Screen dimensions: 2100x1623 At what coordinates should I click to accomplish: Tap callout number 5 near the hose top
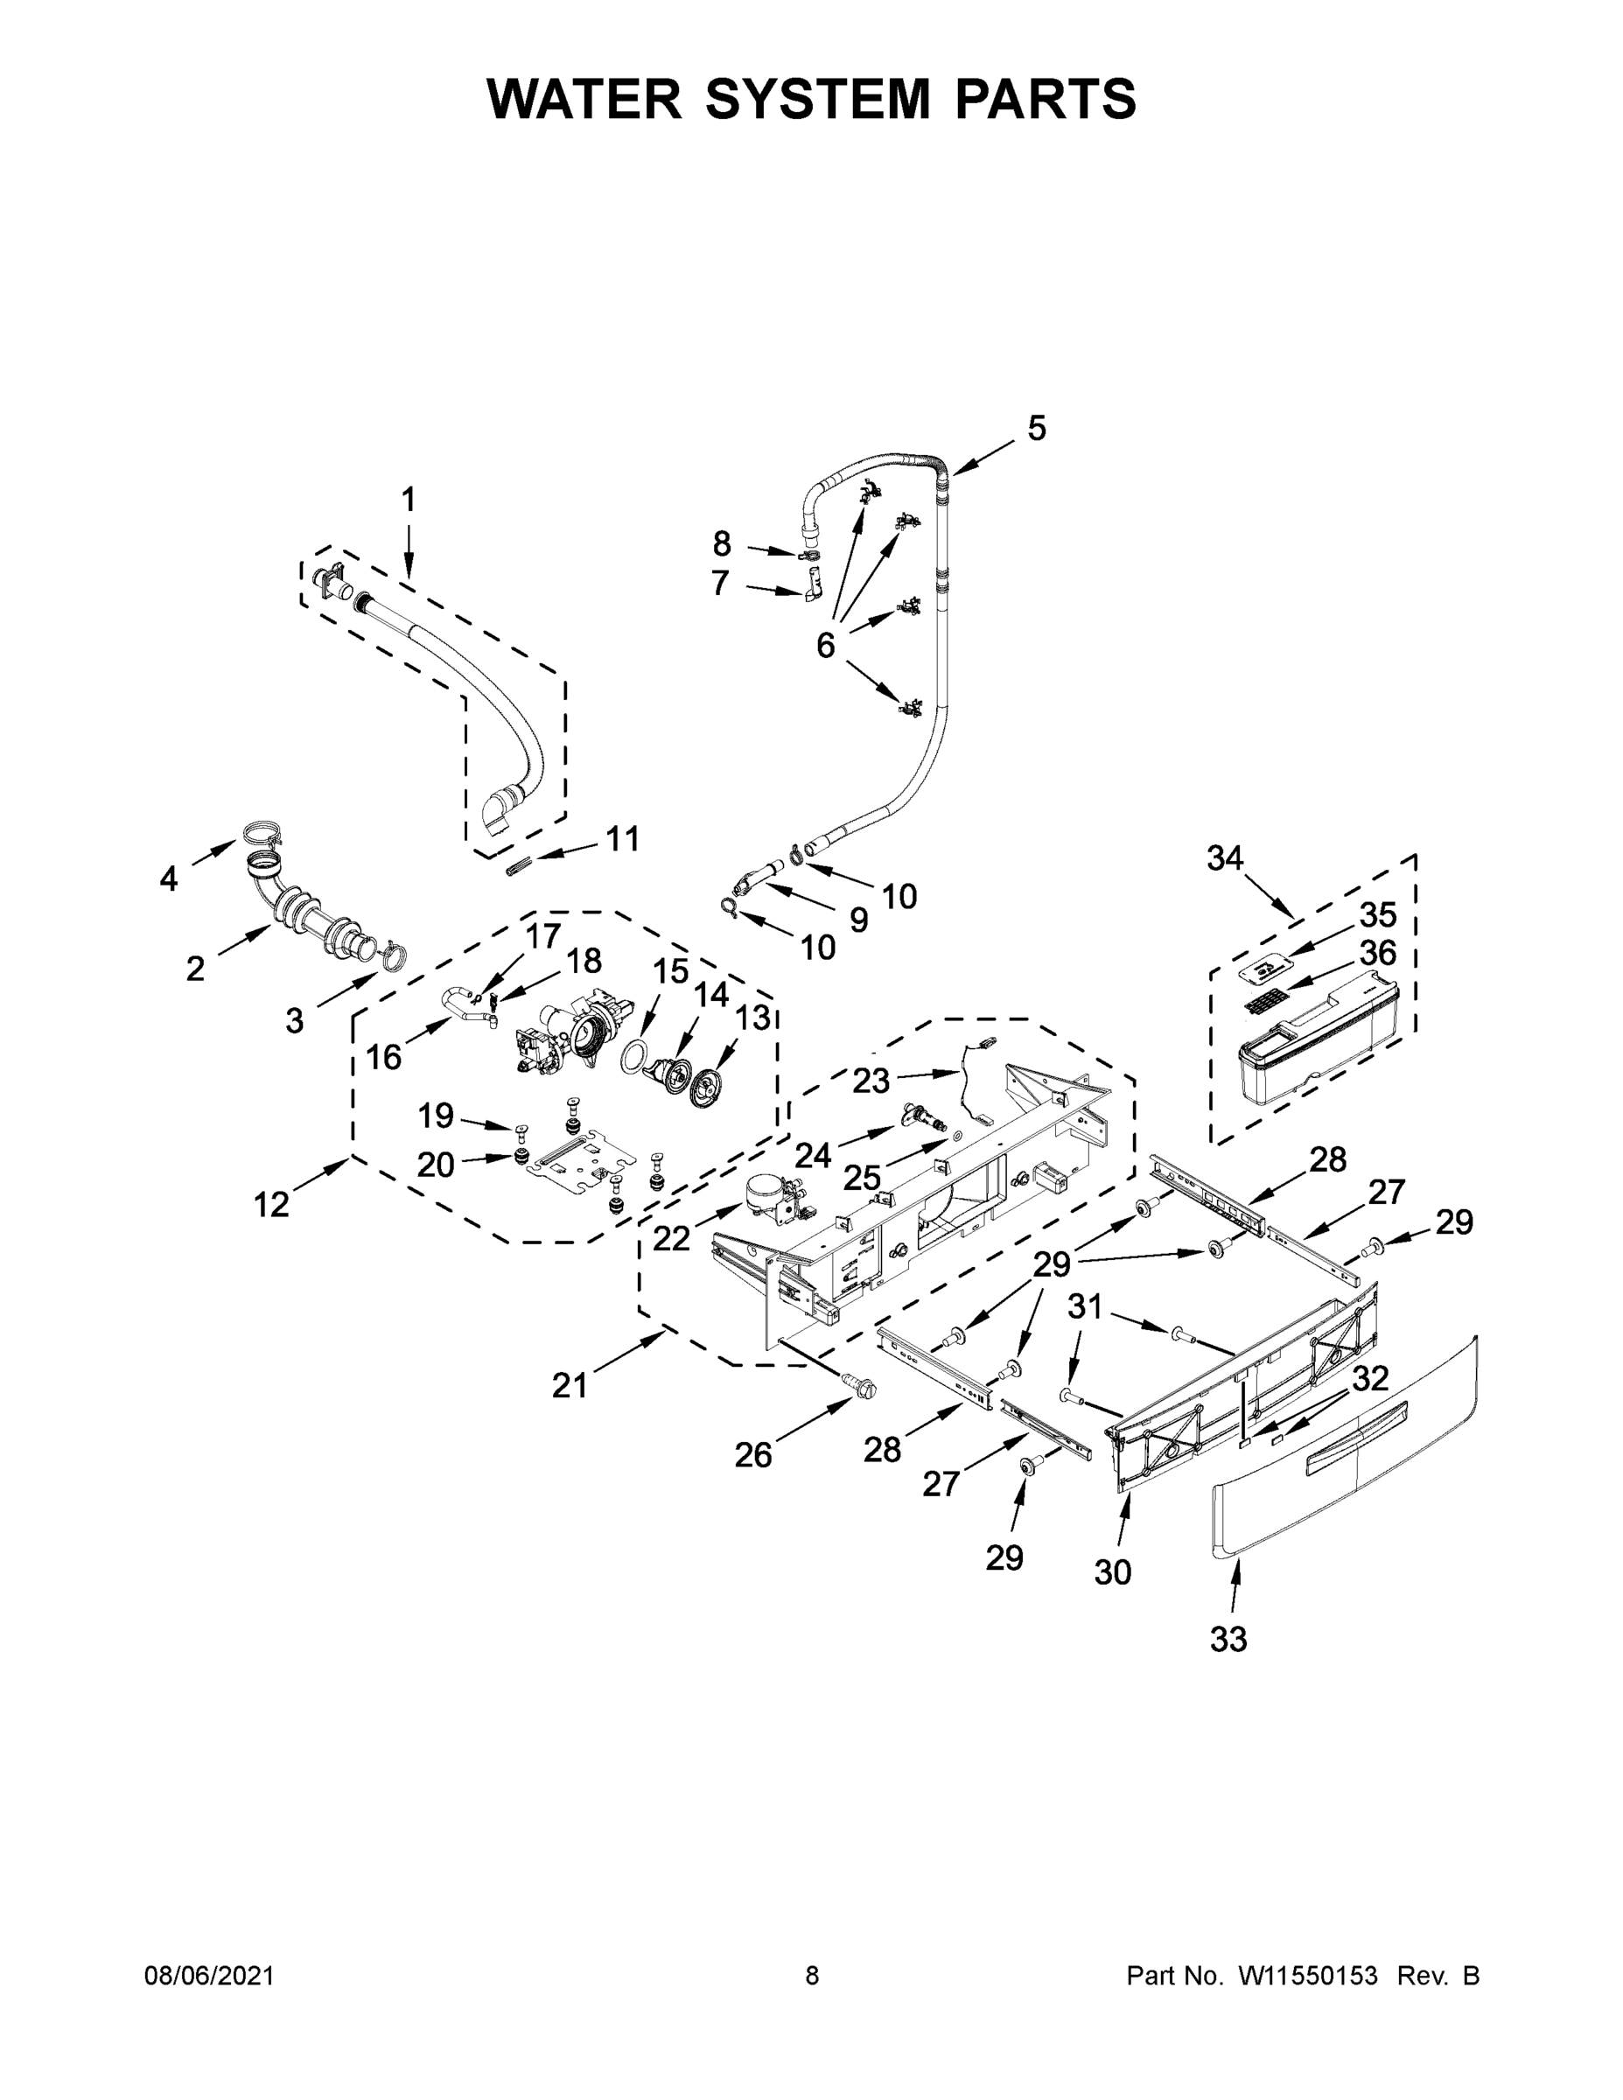(1036, 428)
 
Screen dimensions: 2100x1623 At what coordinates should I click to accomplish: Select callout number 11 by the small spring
(622, 838)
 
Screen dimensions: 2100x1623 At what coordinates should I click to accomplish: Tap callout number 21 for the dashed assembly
(570, 1386)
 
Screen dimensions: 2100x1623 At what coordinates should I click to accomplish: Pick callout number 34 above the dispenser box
(1225, 857)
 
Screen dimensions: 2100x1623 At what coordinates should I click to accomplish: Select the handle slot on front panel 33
(1355, 1438)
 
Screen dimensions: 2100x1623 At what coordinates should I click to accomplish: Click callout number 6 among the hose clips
(825, 645)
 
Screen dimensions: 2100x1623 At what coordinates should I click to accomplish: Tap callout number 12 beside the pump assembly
(271, 1203)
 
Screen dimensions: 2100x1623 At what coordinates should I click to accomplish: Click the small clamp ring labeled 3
(393, 955)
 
